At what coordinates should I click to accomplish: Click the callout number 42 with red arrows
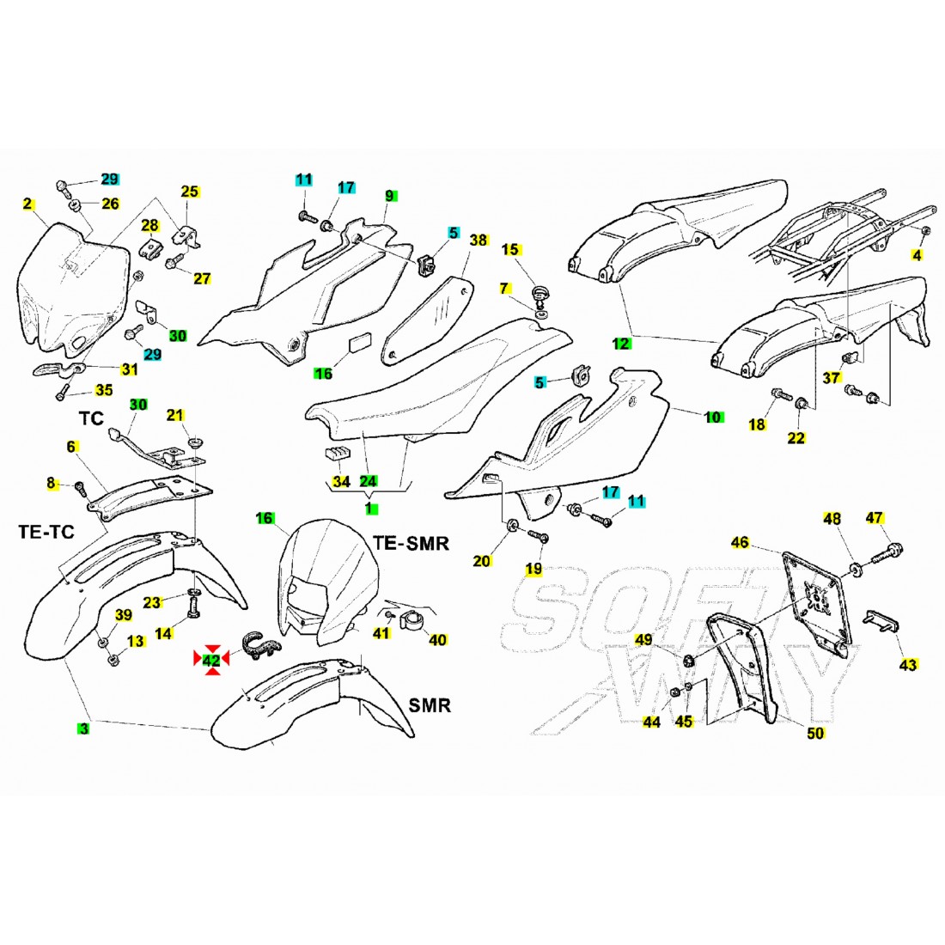[210, 659]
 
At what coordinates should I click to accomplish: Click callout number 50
[815, 733]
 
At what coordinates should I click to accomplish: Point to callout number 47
[874, 518]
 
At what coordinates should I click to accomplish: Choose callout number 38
[479, 240]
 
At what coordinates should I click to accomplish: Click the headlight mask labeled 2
[69, 283]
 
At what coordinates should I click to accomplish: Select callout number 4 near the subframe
[917, 255]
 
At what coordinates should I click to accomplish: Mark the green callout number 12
[620, 344]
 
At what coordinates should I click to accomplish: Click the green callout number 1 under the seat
[369, 509]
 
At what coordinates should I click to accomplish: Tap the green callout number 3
[82, 729]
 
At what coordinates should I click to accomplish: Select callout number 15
[511, 250]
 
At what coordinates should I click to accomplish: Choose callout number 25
[189, 191]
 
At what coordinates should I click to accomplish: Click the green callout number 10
[712, 418]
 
